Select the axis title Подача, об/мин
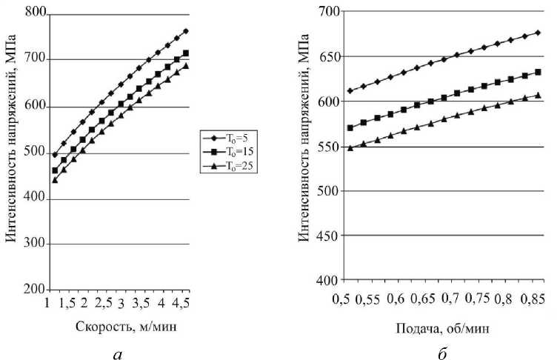coord(441,327)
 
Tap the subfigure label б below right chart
coord(441,351)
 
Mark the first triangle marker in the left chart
coord(55,180)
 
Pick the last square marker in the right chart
coord(539,73)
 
